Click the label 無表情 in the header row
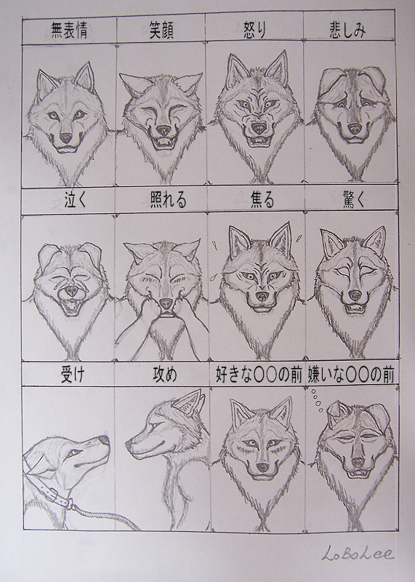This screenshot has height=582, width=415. [x=69, y=31]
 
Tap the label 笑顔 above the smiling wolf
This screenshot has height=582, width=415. [x=161, y=30]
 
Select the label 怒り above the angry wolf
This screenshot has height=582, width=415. [x=254, y=30]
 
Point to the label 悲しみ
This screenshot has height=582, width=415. [x=347, y=30]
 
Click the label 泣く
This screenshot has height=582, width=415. [x=75, y=200]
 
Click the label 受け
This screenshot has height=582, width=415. [x=73, y=375]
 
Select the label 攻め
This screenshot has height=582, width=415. [x=165, y=375]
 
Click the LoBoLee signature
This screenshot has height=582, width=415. [x=358, y=553]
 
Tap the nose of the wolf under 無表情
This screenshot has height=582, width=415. [x=66, y=138]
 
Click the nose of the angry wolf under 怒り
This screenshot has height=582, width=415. [x=259, y=128]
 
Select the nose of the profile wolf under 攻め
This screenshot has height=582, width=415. [x=129, y=445]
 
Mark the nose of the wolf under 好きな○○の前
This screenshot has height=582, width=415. [x=262, y=467]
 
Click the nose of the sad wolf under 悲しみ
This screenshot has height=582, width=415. [x=355, y=129]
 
